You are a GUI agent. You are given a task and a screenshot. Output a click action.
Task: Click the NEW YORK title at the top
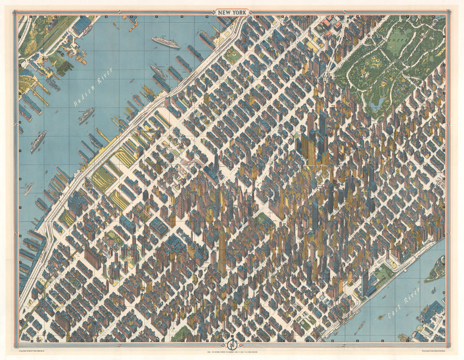(x=233, y=12)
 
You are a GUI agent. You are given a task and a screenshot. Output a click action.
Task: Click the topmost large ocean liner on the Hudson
(x=166, y=42)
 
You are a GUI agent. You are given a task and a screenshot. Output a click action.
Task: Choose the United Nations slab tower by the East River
(x=365, y=283)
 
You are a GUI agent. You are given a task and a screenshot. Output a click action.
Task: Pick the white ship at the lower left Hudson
(x=28, y=189)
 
